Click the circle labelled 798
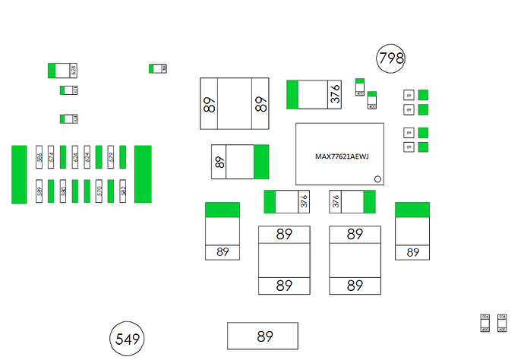(391, 58)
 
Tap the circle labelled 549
(127, 339)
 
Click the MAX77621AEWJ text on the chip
(341, 157)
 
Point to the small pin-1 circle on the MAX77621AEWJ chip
(376, 179)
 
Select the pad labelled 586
(39, 157)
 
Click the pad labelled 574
(51, 157)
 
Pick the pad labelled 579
(112, 157)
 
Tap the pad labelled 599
(39, 191)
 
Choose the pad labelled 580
(64, 191)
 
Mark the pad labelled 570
(99, 191)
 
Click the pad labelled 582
(124, 191)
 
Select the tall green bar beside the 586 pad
(19, 174)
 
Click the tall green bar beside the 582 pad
(143, 174)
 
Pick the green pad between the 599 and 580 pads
(51, 191)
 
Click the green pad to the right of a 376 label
(370, 202)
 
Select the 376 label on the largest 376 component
(335, 94)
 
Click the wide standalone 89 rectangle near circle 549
(263, 336)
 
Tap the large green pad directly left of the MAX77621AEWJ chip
(262, 162)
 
